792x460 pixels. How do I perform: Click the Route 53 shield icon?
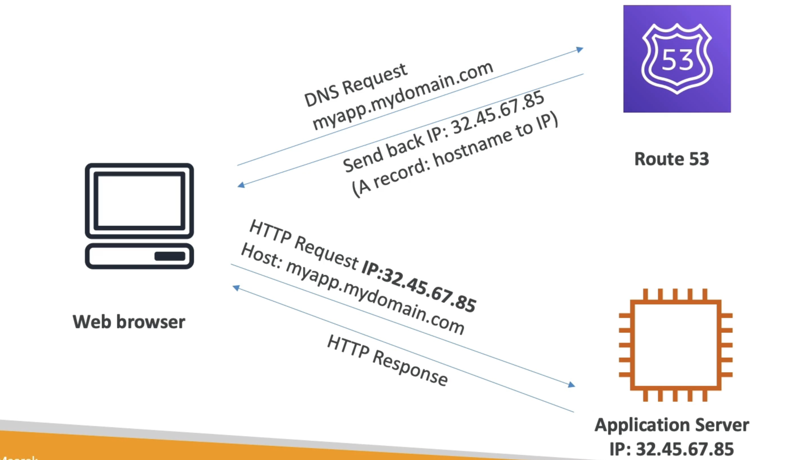pyautogui.click(x=677, y=59)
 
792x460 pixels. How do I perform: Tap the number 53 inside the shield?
pyautogui.click(x=677, y=60)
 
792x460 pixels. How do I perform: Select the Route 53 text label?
pyautogui.click(x=672, y=159)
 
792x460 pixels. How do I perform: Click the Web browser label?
pyautogui.click(x=129, y=322)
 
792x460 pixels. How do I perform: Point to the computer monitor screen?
pyautogui.click(x=139, y=201)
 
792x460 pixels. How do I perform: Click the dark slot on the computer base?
pyautogui.click(x=170, y=256)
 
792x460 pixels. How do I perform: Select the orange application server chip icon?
pyautogui.click(x=676, y=345)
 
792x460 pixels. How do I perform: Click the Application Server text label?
pyautogui.click(x=672, y=425)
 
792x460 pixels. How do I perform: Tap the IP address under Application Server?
pyautogui.click(x=672, y=449)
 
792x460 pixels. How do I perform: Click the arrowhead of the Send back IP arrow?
pyautogui.click(x=241, y=185)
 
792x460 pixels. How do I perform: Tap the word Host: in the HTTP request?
pyautogui.click(x=261, y=256)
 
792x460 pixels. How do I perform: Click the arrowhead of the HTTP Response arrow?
pyautogui.click(x=236, y=288)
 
